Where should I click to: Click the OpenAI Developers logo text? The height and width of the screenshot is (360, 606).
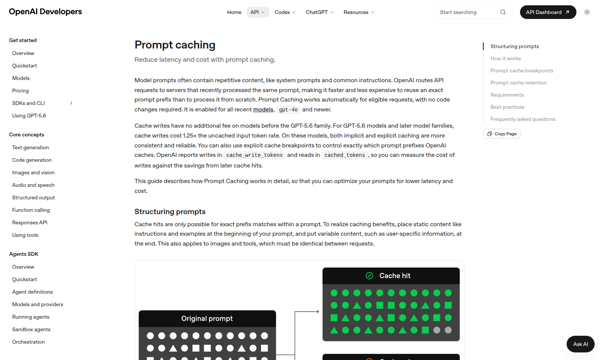point(45,12)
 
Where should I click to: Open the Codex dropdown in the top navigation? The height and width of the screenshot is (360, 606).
point(285,12)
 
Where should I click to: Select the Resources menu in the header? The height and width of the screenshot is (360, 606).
point(359,12)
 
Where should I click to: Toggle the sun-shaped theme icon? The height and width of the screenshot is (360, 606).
point(587,12)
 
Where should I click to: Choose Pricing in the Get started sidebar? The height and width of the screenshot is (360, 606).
point(20,91)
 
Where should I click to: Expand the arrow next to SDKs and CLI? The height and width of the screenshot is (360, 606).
point(71,103)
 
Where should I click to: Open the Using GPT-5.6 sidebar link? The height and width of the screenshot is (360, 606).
point(29,116)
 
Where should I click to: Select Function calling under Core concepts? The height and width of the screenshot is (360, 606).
point(31,210)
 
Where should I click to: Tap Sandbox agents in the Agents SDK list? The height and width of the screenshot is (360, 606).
point(31,329)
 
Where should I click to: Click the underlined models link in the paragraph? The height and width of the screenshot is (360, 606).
point(263,110)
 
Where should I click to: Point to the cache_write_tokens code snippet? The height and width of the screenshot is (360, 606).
point(254,155)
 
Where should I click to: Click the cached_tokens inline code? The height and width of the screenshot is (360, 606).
point(345,155)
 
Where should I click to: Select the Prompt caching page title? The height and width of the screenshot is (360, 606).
point(175,45)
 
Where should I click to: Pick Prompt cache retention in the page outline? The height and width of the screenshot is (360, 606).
point(519,83)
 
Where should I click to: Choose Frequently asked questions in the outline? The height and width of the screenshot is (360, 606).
point(523,119)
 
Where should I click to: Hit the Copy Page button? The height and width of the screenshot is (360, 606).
point(502,134)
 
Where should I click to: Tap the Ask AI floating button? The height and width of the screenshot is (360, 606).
point(580,344)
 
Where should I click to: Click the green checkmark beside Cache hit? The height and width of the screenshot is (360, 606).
point(369,276)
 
